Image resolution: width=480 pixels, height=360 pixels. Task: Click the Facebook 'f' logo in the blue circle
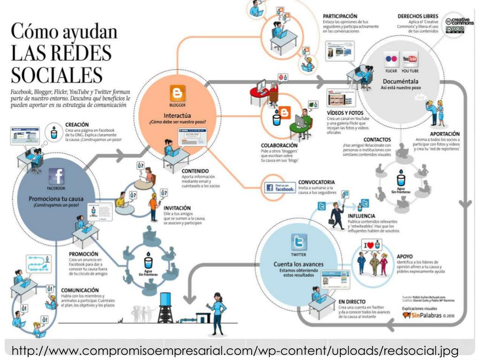[x=56, y=176]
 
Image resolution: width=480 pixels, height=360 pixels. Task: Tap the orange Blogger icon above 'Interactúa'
[x=178, y=93]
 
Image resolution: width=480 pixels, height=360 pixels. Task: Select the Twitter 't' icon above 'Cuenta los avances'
[x=299, y=242]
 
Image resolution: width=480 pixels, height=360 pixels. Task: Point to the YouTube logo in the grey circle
[x=410, y=60]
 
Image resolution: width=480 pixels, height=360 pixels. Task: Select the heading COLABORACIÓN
[x=279, y=145]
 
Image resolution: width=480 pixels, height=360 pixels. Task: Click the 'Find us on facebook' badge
[x=280, y=188]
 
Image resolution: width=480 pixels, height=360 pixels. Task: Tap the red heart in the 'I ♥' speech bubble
[x=370, y=245]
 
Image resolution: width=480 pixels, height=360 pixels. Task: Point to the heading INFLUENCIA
[x=364, y=216]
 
